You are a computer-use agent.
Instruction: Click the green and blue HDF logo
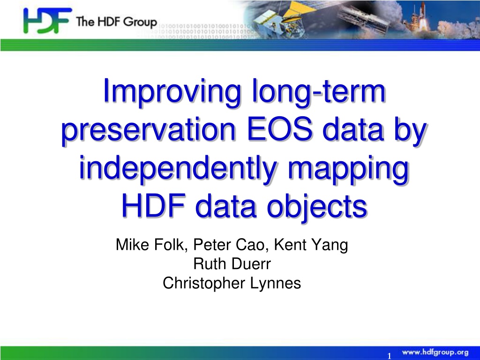47,21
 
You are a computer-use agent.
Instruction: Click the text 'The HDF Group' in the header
116,22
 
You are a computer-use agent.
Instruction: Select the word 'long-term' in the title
318,92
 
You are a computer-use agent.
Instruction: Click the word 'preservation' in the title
149,130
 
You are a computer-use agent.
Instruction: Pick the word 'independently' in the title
178,168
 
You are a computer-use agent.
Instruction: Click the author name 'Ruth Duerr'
232,264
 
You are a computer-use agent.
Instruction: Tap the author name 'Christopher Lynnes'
232,284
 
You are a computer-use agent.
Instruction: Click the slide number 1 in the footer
390,356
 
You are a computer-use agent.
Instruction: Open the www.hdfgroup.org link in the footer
435,352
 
